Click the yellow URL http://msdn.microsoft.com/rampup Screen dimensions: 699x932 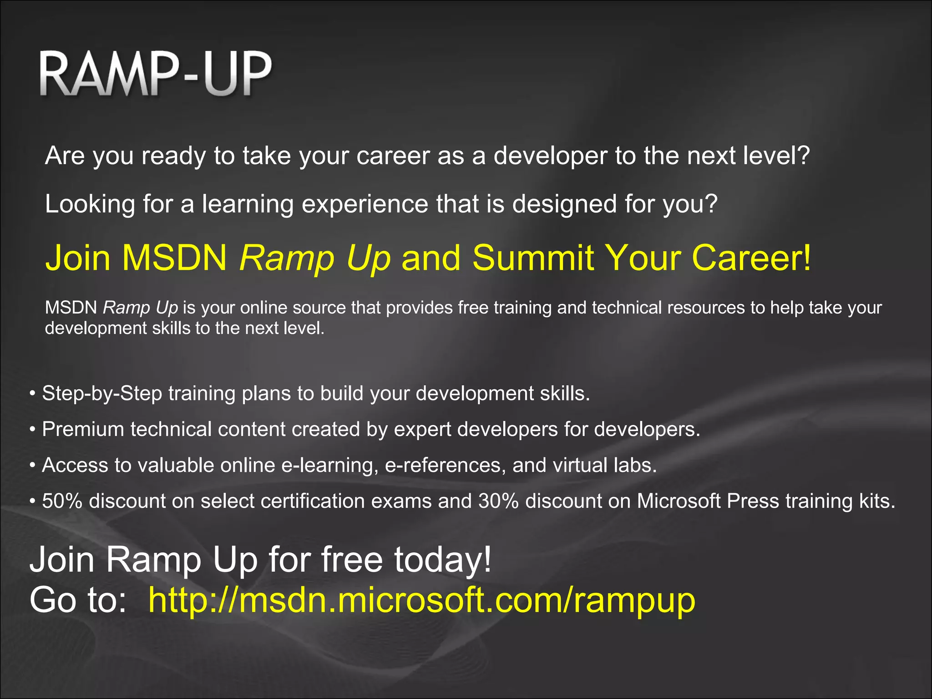click(x=422, y=600)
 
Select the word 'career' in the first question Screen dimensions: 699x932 click(x=393, y=156)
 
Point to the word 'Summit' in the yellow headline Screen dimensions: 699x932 click(x=533, y=257)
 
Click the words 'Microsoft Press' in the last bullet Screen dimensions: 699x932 click(x=708, y=501)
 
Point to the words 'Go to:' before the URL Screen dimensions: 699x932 click(x=78, y=600)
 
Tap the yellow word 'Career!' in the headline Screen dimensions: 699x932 click(x=751, y=257)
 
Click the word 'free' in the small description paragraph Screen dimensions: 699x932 click(x=474, y=308)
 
